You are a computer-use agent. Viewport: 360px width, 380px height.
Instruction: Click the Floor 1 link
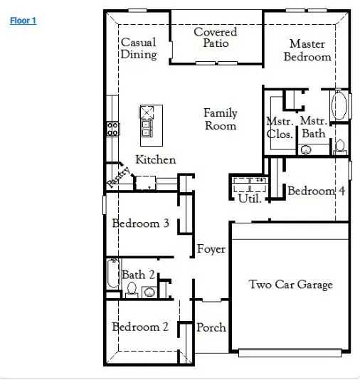tap(23, 21)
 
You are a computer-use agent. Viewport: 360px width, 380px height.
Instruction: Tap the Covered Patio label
tap(216, 38)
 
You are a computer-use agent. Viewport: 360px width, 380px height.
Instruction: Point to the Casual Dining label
tap(139, 49)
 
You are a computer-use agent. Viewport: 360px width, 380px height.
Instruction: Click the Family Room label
tap(221, 119)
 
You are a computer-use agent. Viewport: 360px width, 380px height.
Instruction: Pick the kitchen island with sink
tap(150, 120)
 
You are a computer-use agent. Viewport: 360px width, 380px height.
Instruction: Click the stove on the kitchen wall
tap(113, 129)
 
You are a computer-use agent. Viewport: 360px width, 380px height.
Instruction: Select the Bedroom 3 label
tap(140, 223)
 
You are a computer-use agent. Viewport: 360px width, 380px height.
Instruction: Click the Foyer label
tap(211, 249)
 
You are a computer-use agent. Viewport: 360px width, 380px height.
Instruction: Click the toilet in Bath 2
tap(131, 289)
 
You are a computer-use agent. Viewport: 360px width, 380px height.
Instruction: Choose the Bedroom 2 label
tap(140, 327)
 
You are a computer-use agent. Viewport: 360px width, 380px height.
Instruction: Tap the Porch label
tap(211, 327)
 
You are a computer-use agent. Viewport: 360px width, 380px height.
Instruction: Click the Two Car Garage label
tap(290, 285)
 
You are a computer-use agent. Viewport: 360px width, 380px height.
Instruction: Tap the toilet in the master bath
tap(340, 147)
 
